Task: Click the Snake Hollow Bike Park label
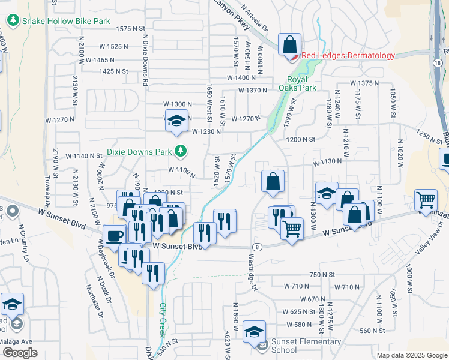coord(66,20)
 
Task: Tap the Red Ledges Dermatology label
coord(348,55)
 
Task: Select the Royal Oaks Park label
coord(301,83)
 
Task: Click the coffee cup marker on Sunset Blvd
coord(114,235)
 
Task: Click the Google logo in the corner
coord(20,353)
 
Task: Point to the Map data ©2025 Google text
coord(411,355)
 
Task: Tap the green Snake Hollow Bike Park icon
coord(13,20)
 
